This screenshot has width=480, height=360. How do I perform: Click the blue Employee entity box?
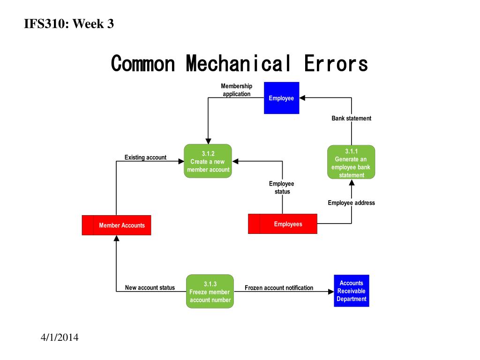coord(281,98)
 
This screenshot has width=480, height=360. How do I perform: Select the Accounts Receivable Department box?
coord(351,291)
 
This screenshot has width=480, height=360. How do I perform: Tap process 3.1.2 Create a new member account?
coord(208,161)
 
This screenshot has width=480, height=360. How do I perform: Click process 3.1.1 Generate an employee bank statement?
coord(351,162)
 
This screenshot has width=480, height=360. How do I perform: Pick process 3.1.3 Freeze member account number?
coord(210,291)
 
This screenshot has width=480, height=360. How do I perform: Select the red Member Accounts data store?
coord(117,225)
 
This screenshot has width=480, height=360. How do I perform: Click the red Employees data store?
coord(283,224)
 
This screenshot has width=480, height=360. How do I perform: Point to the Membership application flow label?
coord(236,90)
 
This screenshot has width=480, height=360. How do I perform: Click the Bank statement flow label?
coord(351,118)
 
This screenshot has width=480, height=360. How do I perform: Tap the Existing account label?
coord(145,157)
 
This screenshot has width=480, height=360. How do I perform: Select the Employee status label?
coord(282,187)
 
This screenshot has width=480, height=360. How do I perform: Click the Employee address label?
coord(351,203)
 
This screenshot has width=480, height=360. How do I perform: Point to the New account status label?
coord(150,288)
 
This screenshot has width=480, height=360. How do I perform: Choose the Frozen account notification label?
coord(279,288)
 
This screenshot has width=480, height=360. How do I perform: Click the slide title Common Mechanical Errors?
coord(240,64)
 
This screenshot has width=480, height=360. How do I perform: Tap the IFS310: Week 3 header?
coord(69,24)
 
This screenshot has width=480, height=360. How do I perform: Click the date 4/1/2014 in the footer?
coord(59,337)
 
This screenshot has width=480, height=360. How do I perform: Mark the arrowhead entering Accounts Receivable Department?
coord(330,292)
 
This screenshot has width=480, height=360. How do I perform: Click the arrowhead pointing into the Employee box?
coord(303,97)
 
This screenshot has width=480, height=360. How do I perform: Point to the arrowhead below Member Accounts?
coord(117,239)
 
